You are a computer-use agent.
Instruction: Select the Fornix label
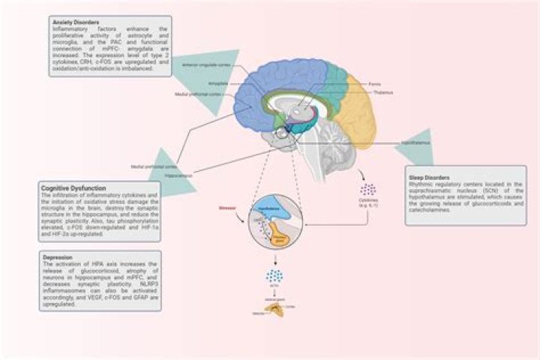click(x=379, y=85)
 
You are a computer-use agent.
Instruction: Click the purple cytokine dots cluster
click(x=368, y=189)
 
